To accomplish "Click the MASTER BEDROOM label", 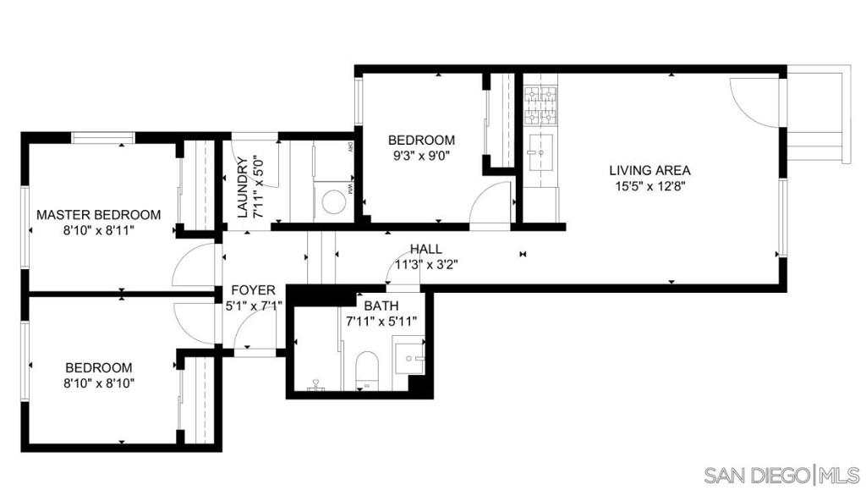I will [98, 214].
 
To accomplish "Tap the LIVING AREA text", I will [649, 170].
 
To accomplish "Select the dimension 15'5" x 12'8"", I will [649, 186].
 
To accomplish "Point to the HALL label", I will [426, 249].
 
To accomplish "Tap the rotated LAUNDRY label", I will [242, 188].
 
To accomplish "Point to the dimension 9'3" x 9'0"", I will [421, 156].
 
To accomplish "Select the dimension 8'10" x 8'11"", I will [98, 230].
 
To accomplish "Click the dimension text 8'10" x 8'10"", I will [99, 383].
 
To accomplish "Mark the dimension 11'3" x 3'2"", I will [426, 264].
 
